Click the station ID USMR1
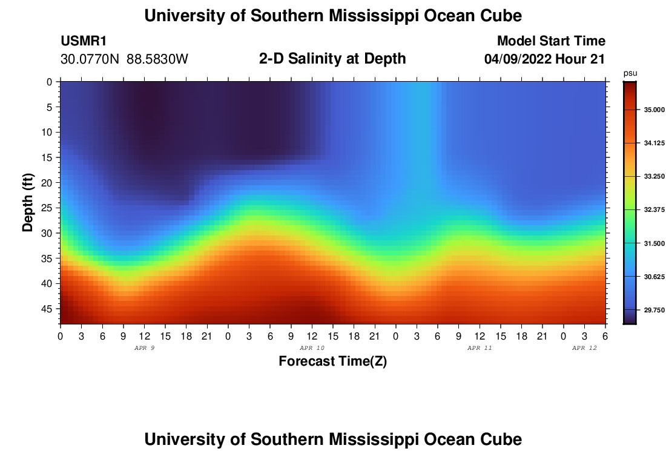click(x=84, y=41)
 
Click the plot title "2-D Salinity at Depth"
click(x=332, y=59)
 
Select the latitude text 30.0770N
click(x=90, y=59)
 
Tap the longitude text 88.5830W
click(x=157, y=59)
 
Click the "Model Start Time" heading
click(x=551, y=41)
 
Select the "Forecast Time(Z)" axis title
click(x=332, y=361)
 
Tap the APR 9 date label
click(x=144, y=348)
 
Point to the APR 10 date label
click(x=312, y=348)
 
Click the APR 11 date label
click(x=480, y=348)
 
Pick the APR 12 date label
click(x=584, y=348)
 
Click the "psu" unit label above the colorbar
click(x=630, y=73)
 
